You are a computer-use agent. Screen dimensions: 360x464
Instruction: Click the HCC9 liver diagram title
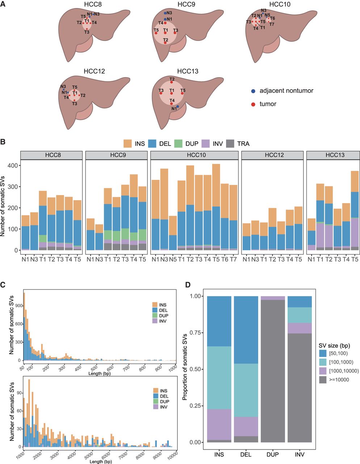[x=186, y=4]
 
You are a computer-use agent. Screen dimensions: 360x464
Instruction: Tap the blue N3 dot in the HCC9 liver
[x=165, y=13]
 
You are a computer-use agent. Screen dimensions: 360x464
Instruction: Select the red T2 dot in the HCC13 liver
[x=171, y=82]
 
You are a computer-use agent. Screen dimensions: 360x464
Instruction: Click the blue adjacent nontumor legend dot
[x=253, y=91]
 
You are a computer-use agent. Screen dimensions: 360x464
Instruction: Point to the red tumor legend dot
[x=253, y=104]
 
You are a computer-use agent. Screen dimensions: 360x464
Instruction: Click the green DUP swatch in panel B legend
[x=178, y=144]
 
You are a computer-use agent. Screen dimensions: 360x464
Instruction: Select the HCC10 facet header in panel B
[x=194, y=155]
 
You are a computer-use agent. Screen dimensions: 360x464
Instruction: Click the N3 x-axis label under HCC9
[x=99, y=259]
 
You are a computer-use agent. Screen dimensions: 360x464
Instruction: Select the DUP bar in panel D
[x=273, y=369]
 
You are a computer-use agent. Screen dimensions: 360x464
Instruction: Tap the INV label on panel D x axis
[x=300, y=454]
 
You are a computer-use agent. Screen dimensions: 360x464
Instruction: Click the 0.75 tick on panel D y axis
[x=195, y=333]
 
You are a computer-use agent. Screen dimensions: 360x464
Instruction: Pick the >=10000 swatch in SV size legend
[x=323, y=380]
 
